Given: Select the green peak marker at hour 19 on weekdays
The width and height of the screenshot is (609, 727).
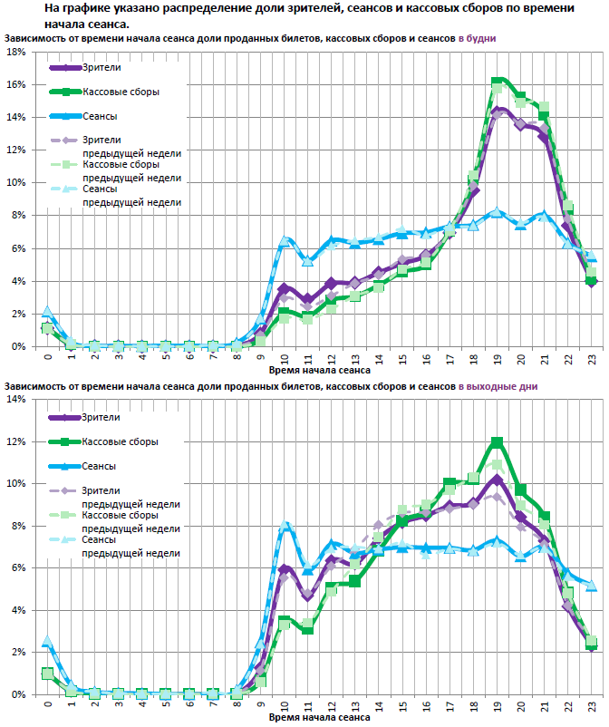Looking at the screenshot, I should (x=497, y=82).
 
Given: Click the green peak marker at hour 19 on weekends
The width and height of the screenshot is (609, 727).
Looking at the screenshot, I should (x=497, y=442).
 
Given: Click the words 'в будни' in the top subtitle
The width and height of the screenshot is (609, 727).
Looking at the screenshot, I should (x=476, y=39).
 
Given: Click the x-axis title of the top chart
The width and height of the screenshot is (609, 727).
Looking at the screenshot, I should (x=319, y=370).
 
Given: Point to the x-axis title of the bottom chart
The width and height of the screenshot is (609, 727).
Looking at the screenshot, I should (x=319, y=717).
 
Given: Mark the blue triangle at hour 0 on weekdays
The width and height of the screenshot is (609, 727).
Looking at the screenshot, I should (x=48, y=312).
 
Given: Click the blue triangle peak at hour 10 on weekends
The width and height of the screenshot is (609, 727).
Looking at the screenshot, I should (x=285, y=526).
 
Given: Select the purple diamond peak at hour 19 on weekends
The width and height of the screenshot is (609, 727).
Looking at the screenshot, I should (x=497, y=479).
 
